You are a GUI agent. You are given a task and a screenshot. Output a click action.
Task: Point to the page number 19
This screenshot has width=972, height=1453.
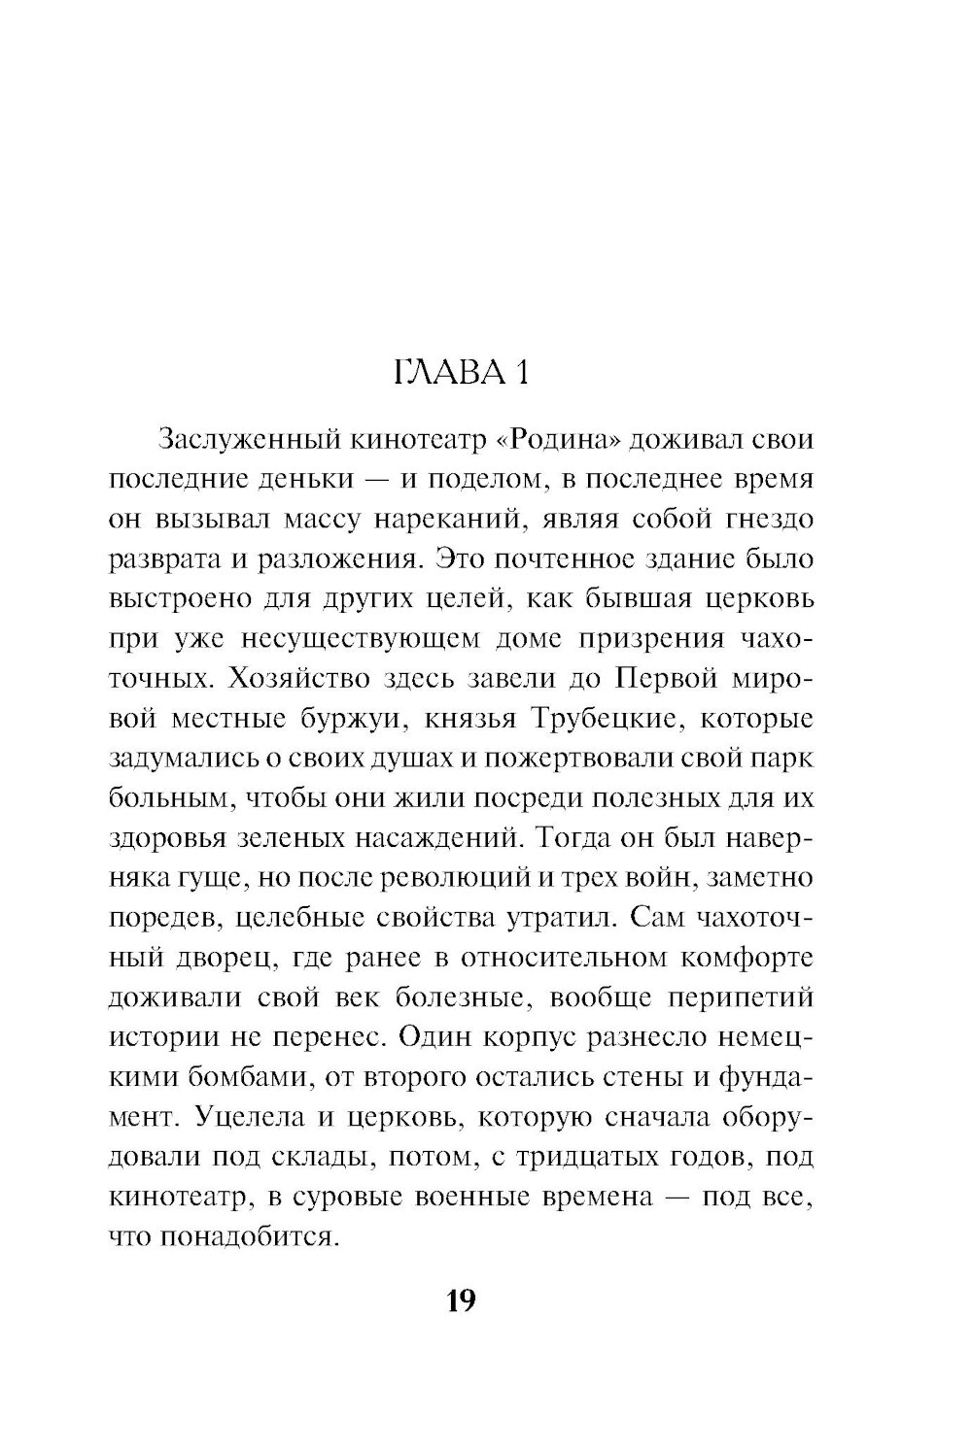[461, 1301]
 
